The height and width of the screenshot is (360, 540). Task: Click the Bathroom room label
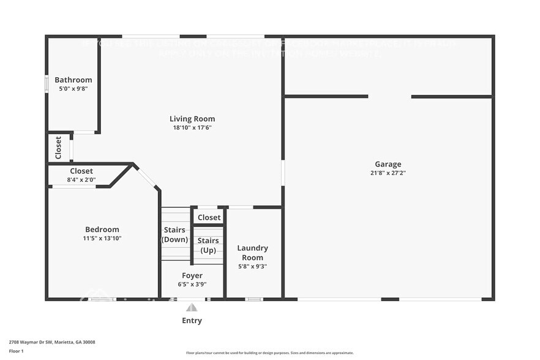tap(73, 80)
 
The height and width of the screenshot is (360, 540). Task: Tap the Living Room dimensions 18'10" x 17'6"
tap(192, 127)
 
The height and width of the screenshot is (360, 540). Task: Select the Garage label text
tap(388, 164)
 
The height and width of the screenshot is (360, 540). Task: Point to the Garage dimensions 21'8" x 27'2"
tap(388, 173)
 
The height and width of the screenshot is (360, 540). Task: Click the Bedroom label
tap(102, 230)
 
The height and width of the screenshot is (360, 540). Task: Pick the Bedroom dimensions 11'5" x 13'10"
tap(102, 238)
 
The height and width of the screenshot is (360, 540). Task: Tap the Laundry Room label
tap(252, 253)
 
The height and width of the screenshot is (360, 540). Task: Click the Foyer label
tap(192, 276)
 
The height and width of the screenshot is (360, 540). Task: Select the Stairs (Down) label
tap(174, 234)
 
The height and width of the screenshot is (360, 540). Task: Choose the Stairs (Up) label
tap(208, 246)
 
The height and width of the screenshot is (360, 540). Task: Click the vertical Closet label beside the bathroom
tap(59, 148)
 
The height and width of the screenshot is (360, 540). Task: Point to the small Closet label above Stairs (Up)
tap(209, 217)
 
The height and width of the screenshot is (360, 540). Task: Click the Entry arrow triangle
tap(192, 307)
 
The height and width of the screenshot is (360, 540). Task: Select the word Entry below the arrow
tap(192, 320)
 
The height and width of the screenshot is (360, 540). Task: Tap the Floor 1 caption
tap(17, 351)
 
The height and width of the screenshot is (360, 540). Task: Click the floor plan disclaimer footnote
tap(269, 353)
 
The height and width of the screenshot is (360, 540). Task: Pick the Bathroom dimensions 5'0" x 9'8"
tap(73, 89)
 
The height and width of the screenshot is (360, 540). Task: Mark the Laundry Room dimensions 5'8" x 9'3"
tap(252, 266)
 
